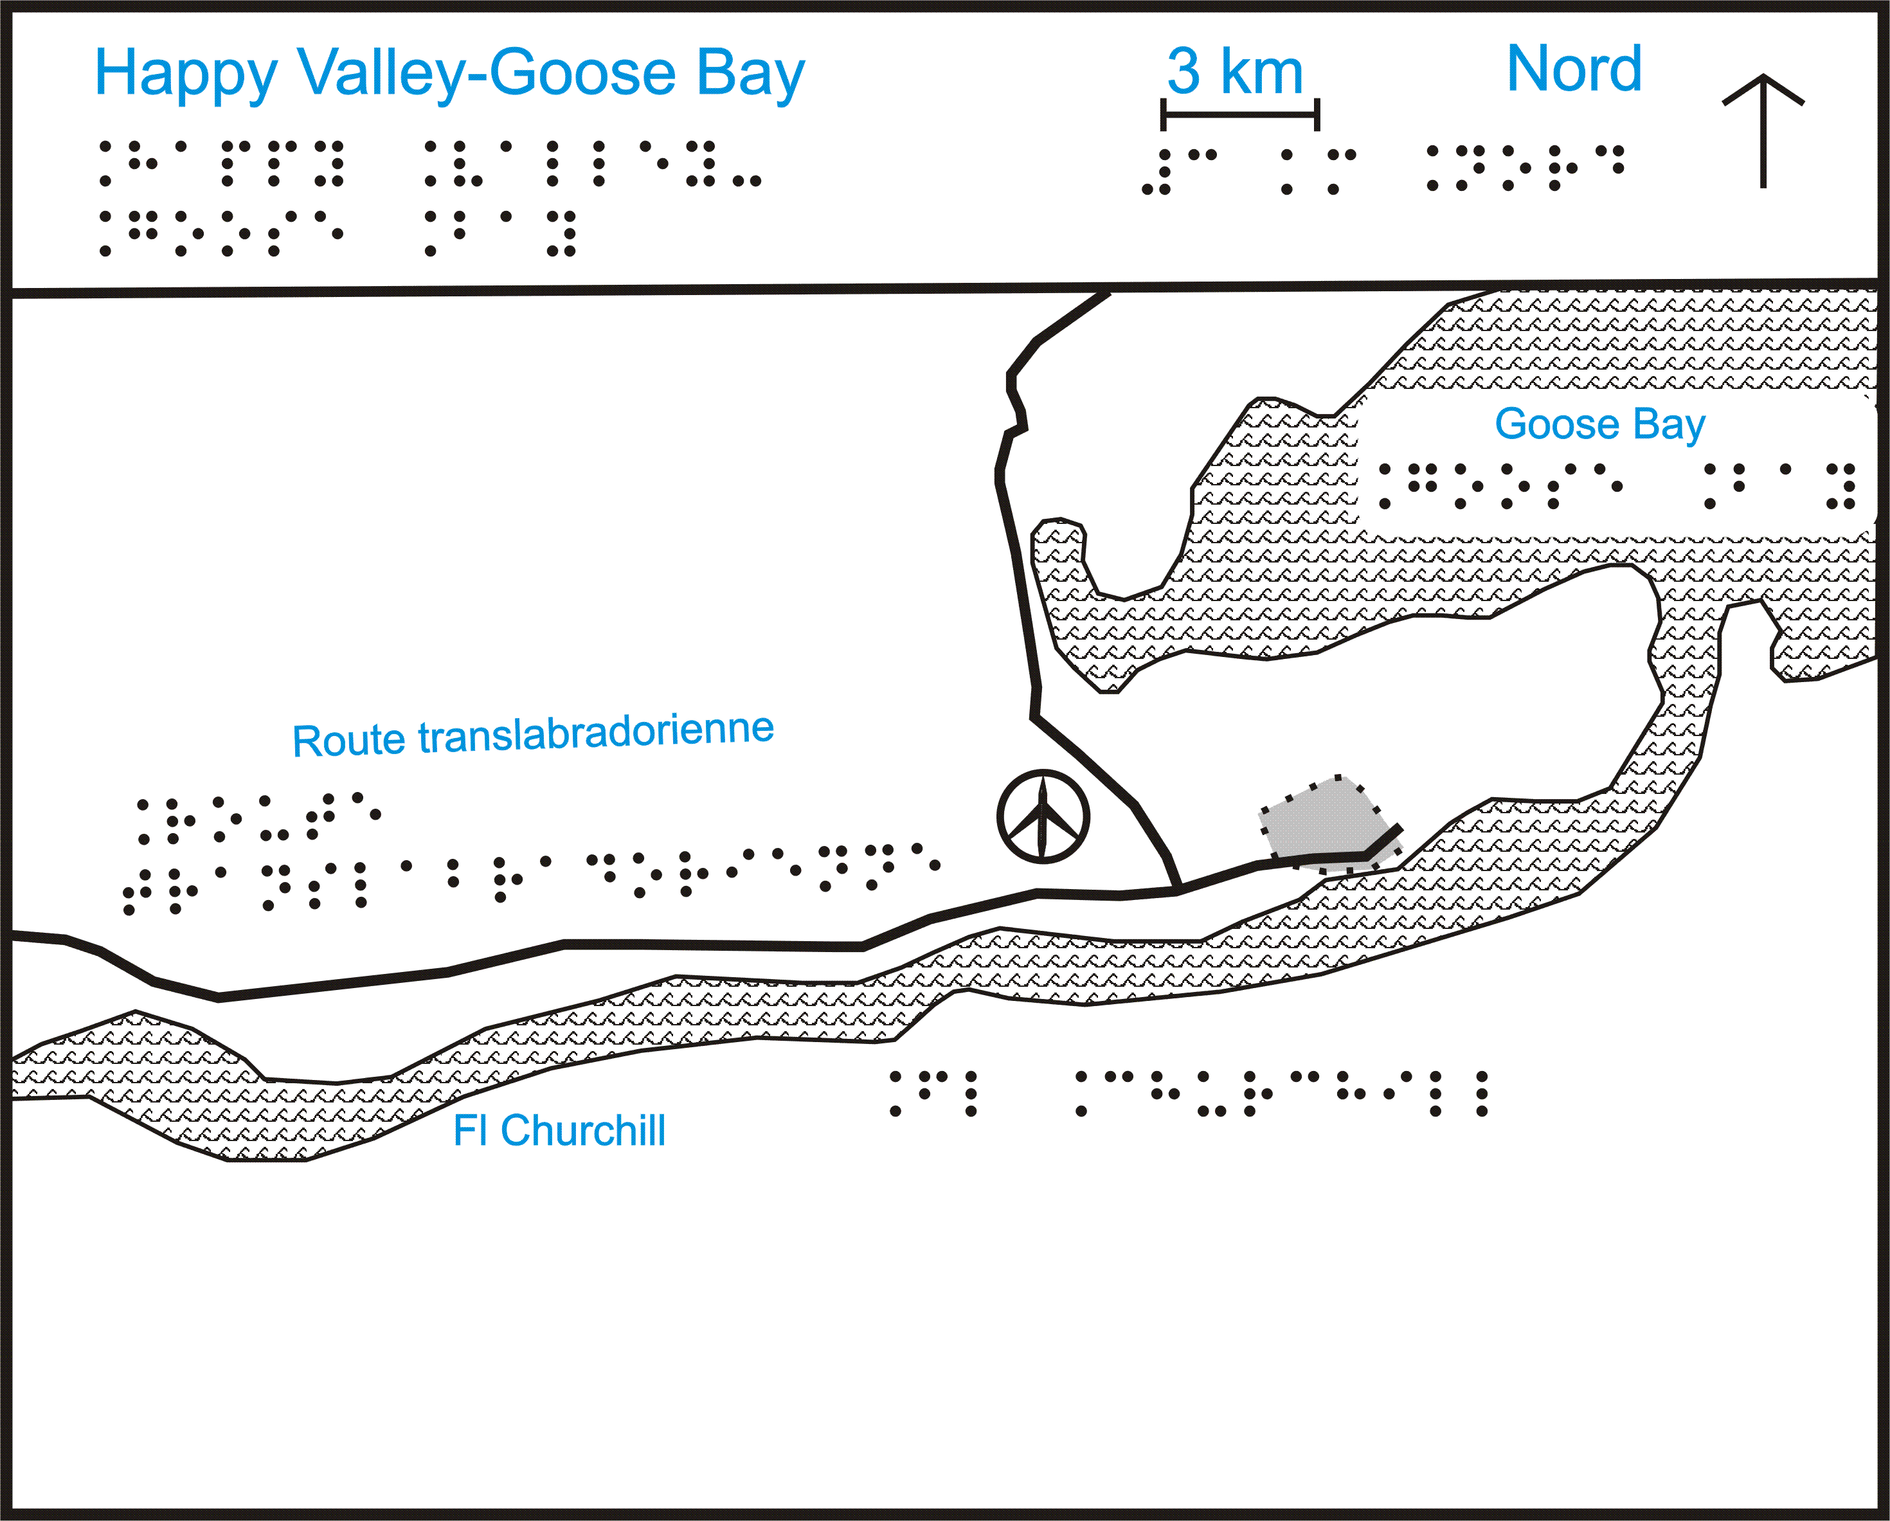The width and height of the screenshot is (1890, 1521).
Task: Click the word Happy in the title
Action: [186, 75]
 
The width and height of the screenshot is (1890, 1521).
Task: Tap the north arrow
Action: [1763, 130]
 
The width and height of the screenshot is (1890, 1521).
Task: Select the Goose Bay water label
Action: [1600, 424]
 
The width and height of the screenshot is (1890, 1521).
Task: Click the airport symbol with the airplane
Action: [1043, 816]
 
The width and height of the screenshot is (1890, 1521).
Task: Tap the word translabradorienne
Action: [596, 732]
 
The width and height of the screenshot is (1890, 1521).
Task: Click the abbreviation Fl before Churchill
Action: [470, 1130]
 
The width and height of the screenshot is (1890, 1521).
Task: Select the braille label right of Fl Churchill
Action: [1189, 1093]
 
